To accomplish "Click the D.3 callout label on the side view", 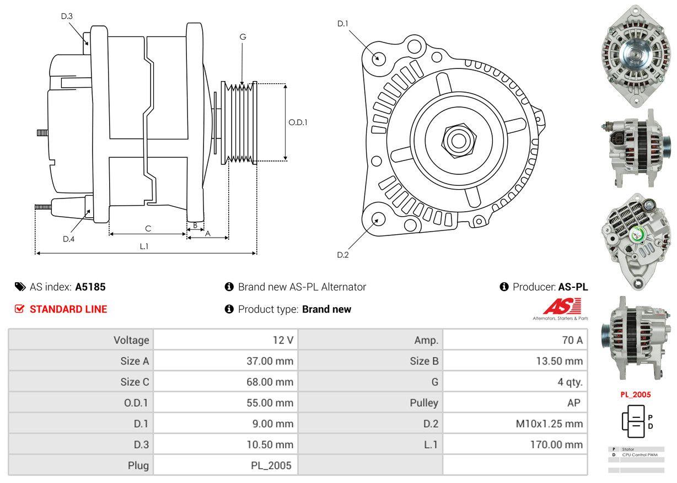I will (x=67, y=16).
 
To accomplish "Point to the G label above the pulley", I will (x=243, y=37).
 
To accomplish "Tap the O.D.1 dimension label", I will (x=298, y=122).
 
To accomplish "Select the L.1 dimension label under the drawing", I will (x=144, y=246).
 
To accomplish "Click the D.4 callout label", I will (x=68, y=239).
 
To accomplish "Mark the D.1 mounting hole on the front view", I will (x=378, y=57).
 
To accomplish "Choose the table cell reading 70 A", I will (x=572, y=340).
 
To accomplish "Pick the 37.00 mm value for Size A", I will (x=270, y=361).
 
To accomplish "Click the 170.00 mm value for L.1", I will (x=557, y=444).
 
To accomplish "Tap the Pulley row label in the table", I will (x=424, y=403).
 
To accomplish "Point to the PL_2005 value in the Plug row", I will (x=271, y=465).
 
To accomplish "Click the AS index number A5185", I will (x=90, y=287).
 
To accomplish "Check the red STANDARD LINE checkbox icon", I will (x=20, y=309).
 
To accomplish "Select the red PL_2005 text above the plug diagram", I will (x=635, y=395).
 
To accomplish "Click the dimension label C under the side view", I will (x=148, y=228).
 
